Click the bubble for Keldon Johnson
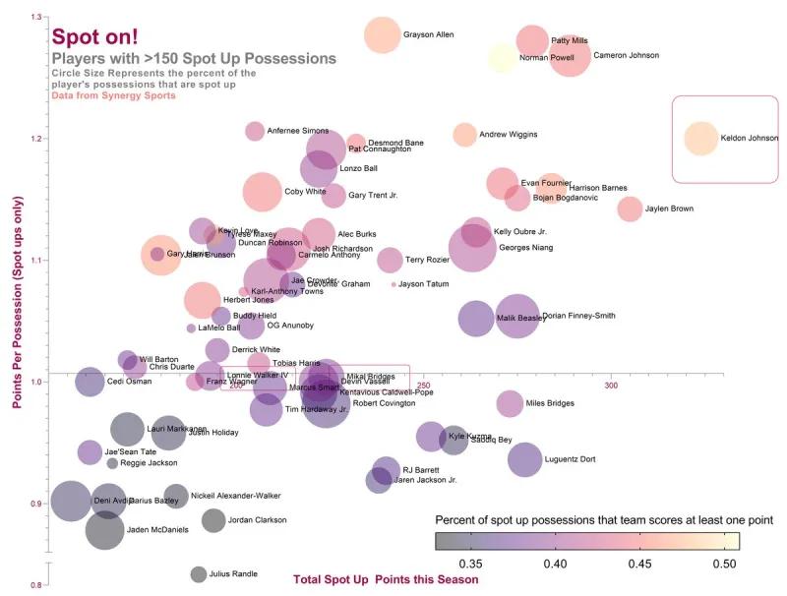pyautogui.click(x=701, y=139)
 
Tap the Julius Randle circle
pyautogui.click(x=199, y=574)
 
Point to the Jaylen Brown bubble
pyautogui.click(x=630, y=209)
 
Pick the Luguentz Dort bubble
pyautogui.click(x=525, y=459)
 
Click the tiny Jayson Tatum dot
pyautogui.click(x=393, y=284)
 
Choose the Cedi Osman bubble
pyautogui.click(x=90, y=381)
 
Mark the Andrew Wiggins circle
pyautogui.click(x=464, y=135)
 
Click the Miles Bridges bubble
pyautogui.click(x=510, y=403)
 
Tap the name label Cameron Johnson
pyautogui.click(x=626, y=55)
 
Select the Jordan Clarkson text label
pyautogui.click(x=257, y=520)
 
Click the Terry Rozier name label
pyautogui.click(x=427, y=260)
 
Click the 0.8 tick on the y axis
pyautogui.click(x=37, y=586)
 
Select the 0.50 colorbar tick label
pyautogui.click(x=725, y=565)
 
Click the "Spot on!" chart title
pyautogui.click(x=94, y=36)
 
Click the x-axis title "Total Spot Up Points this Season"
pyautogui.click(x=386, y=579)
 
